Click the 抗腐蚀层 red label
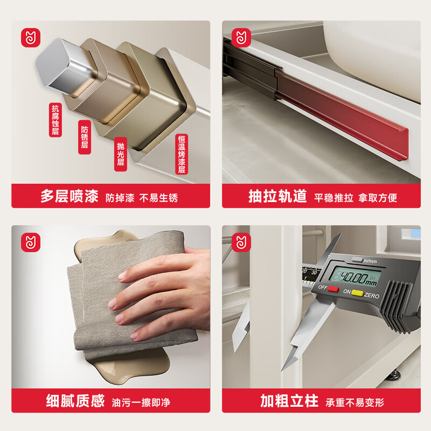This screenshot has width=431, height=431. point(55,120)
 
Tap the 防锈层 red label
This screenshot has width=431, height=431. point(85,137)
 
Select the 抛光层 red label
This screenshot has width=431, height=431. point(120,154)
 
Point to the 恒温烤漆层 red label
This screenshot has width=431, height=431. point(182,154)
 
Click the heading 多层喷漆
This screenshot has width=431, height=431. point(69,196)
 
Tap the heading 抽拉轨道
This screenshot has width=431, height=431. point(277,196)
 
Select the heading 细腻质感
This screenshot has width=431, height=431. point(75,401)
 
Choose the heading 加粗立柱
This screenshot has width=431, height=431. point(289,401)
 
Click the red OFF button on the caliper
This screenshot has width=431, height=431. point(333,289)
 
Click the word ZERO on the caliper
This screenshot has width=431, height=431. point(372,295)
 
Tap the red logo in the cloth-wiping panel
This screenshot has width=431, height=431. point(31,242)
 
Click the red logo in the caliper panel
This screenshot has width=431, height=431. point(241,242)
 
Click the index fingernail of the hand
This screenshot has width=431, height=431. point(122,276)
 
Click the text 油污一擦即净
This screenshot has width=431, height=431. point(141,402)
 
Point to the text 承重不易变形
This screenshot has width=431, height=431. point(354,402)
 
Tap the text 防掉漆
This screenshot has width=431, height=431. point(120,198)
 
